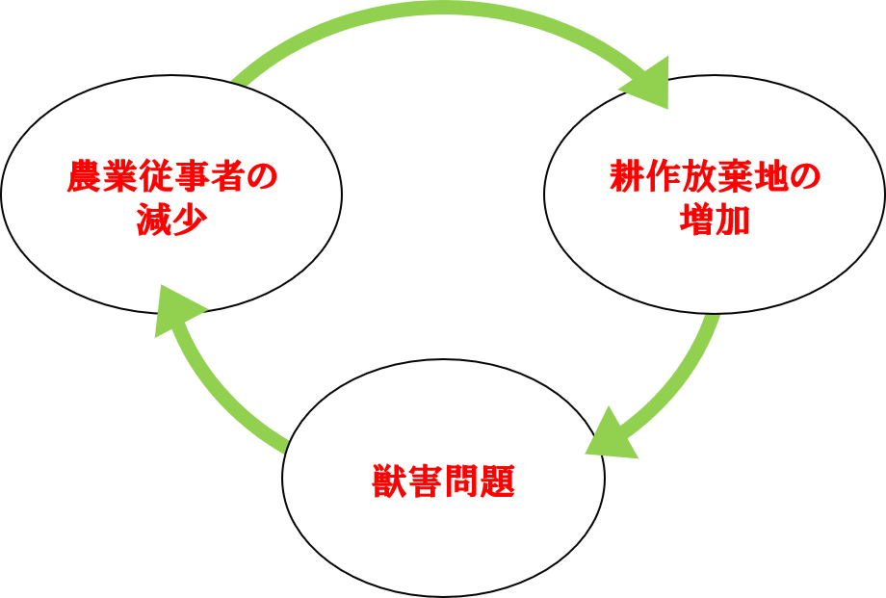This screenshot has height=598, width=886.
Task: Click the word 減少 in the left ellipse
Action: pos(171,221)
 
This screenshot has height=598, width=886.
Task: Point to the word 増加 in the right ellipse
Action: pos(714,221)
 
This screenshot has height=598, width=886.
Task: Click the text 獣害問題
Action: pos(443,481)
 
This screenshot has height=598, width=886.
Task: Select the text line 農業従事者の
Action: pos(171,178)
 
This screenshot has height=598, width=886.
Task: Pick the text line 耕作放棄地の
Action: pos(714,178)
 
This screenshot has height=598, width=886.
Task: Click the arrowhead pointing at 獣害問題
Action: pos(611,438)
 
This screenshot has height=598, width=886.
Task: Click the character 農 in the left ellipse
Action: pos(84,178)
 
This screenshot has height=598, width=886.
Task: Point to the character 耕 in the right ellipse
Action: pos(627,178)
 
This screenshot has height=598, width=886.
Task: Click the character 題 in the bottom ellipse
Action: pos(497,481)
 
